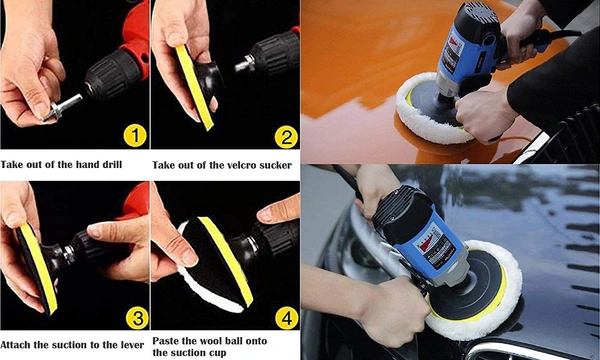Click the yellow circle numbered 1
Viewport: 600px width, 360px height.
(x=135, y=137)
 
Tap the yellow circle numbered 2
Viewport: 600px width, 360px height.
(x=286, y=137)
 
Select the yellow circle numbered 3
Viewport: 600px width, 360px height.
(x=137, y=318)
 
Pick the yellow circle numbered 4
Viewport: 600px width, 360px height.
(x=287, y=318)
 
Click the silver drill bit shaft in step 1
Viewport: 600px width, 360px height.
(x=64, y=107)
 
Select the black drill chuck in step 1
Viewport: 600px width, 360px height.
(x=112, y=73)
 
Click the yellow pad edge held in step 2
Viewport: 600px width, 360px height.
(x=194, y=87)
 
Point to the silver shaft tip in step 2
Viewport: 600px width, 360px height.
(x=245, y=64)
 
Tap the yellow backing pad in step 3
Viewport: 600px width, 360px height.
(x=38, y=267)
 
